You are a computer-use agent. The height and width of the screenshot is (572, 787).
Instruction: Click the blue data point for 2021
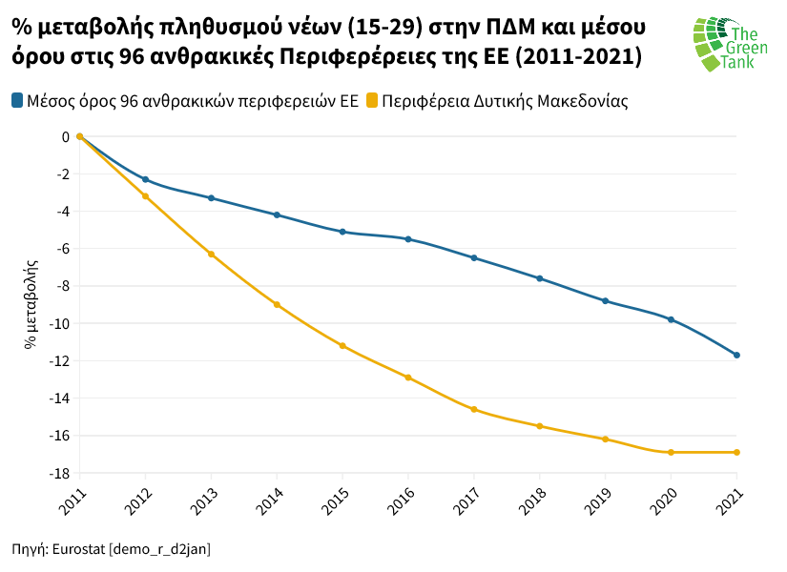(736, 356)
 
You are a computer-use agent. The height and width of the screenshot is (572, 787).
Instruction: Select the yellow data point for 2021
(736, 453)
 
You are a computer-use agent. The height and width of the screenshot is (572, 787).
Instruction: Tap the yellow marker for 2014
(277, 305)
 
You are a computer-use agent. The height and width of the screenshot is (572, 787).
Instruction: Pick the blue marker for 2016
(408, 239)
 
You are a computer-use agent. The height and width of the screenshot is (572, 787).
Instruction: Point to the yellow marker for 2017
(474, 410)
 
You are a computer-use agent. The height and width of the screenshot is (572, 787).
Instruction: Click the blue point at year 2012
(145, 179)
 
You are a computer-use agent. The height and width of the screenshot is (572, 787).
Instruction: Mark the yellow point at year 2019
(606, 439)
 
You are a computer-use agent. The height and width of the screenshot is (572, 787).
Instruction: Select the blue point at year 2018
(540, 278)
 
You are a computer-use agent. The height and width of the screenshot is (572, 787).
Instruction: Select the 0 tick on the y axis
(65, 136)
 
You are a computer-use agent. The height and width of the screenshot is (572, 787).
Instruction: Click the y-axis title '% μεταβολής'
(31, 303)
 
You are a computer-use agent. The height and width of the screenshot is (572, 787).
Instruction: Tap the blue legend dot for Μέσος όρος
(17, 100)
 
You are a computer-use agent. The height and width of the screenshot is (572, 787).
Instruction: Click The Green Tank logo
(729, 44)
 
